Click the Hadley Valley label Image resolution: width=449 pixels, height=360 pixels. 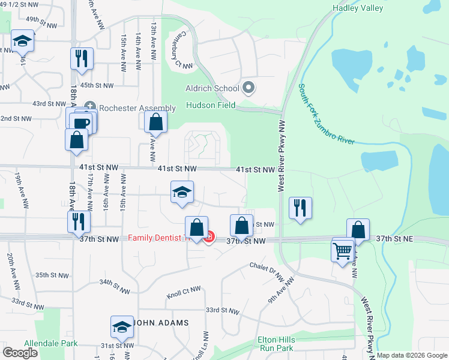click(357, 8)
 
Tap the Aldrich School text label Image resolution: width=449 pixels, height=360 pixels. click(213, 88)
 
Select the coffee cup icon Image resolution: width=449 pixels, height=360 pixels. click(82, 123)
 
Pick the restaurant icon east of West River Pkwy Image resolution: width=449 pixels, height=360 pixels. click(299, 208)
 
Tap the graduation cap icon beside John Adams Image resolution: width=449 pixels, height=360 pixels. click(122, 326)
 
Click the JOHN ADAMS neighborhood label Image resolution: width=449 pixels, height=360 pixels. click(160, 323)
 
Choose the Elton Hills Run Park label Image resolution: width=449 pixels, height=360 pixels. click(276, 344)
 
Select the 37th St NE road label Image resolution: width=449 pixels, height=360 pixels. click(411, 238)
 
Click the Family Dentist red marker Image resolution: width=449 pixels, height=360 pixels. click(209, 239)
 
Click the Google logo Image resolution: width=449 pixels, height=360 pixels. click(21, 353)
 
